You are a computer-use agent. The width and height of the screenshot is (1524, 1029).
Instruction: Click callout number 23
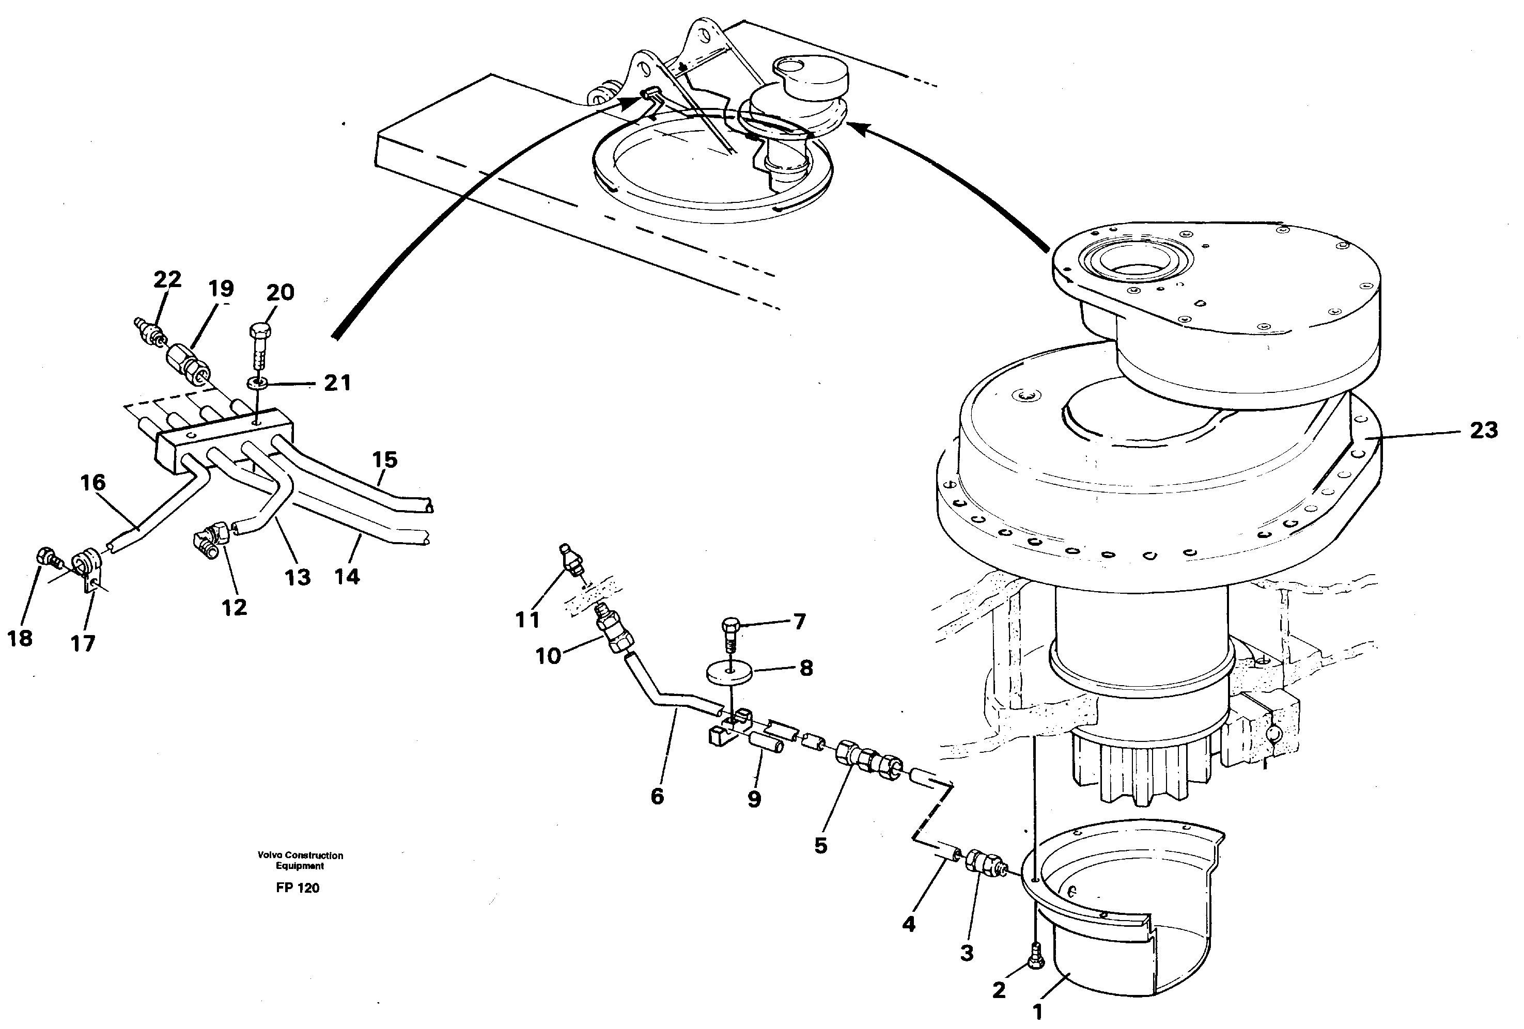click(1483, 431)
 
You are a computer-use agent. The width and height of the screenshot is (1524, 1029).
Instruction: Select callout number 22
click(167, 280)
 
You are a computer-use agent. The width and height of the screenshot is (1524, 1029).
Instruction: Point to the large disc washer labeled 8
click(728, 673)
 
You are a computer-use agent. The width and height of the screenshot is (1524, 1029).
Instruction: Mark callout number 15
click(385, 460)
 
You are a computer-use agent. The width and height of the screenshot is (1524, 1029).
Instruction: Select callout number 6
click(657, 796)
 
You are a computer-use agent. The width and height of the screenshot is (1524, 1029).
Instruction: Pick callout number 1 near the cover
click(1037, 1012)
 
